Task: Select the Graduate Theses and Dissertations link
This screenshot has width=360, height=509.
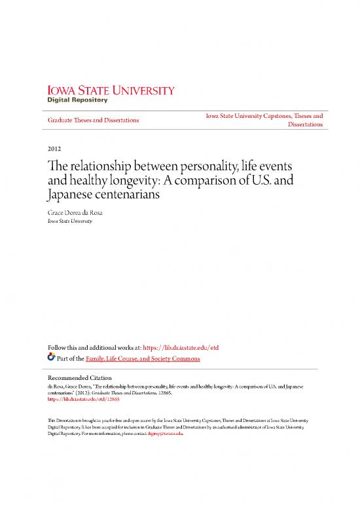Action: click(92, 121)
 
